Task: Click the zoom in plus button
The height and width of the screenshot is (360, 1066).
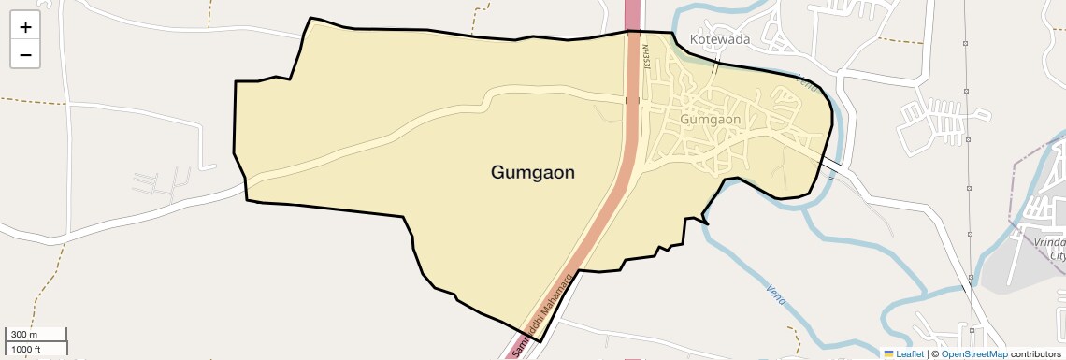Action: coord(25,27)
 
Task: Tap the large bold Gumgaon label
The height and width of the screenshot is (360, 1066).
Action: coord(532,172)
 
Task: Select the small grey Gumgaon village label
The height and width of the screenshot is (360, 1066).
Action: coord(711,119)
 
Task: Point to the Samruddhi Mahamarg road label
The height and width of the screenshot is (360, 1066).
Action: coord(541,318)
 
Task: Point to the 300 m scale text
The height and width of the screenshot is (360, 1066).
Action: coord(23,335)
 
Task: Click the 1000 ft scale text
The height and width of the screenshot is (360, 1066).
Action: coord(26,349)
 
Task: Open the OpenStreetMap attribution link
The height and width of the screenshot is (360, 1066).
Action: coord(974,353)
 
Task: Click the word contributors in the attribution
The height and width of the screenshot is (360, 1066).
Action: coord(1035,353)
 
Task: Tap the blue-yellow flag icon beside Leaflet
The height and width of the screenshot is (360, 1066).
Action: coord(889,353)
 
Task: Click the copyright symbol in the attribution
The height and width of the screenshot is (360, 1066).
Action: coord(935,353)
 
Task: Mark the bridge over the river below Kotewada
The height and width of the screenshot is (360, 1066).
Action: coord(715,67)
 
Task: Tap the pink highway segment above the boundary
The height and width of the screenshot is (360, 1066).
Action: coord(633,13)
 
